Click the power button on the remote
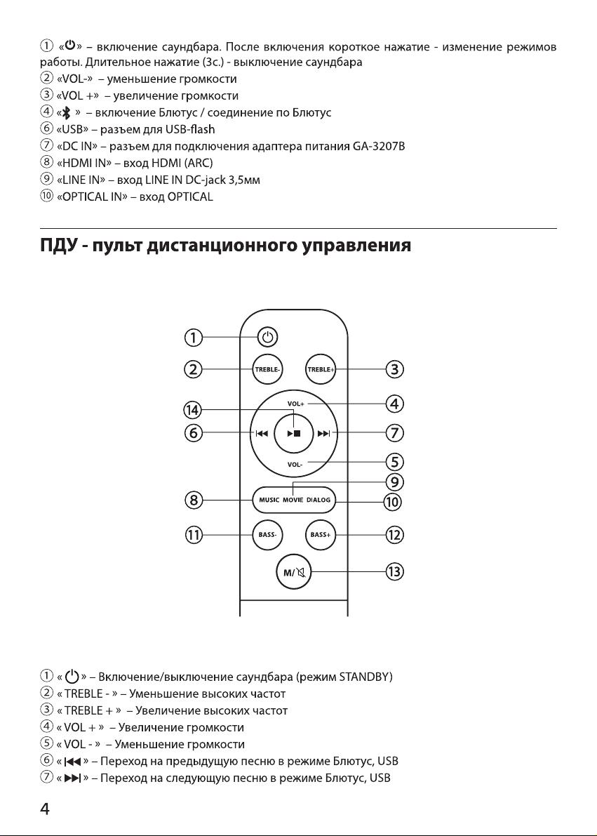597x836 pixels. (x=267, y=337)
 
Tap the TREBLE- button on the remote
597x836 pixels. (x=267, y=369)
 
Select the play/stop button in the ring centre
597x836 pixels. (x=294, y=434)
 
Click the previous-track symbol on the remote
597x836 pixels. (x=261, y=434)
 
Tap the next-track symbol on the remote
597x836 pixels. (x=324, y=434)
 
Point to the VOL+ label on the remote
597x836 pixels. (x=296, y=404)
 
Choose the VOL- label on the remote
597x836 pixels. (x=295, y=465)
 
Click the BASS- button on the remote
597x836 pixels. (x=267, y=534)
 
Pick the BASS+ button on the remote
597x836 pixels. (x=321, y=534)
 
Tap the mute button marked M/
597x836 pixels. (x=294, y=573)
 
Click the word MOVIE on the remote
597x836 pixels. (x=293, y=500)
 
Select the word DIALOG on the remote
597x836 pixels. (x=318, y=500)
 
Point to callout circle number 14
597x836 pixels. (x=192, y=410)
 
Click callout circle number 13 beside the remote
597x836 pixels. (x=394, y=572)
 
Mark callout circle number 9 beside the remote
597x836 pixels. (x=394, y=482)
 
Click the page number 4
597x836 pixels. (x=45, y=809)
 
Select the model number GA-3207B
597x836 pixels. (x=379, y=146)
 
